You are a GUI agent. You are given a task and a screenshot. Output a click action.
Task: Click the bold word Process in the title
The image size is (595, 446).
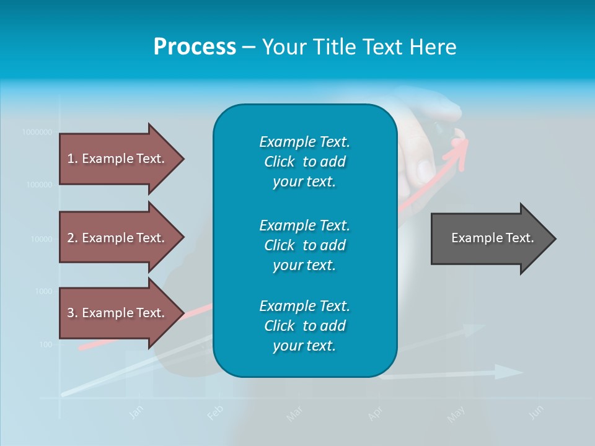(x=195, y=47)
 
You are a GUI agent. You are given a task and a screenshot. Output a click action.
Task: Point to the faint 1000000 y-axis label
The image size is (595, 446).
(x=37, y=132)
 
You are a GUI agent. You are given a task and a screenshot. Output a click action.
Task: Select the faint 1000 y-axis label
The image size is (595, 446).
(x=43, y=291)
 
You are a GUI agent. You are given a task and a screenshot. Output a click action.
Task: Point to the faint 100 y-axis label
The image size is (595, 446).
(x=45, y=344)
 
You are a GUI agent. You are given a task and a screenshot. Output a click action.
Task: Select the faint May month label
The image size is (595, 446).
(x=456, y=414)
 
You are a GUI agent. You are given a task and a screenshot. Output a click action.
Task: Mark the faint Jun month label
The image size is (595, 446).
(x=537, y=412)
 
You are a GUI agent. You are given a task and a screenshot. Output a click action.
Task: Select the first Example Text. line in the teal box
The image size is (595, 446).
(x=304, y=142)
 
